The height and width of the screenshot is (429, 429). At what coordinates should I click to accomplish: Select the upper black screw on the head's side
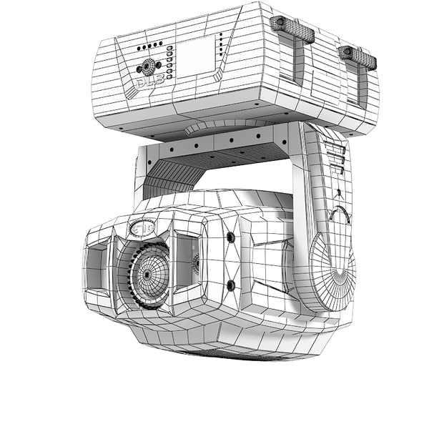coord(230,237)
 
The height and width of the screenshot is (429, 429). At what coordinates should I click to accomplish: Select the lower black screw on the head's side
coord(230,285)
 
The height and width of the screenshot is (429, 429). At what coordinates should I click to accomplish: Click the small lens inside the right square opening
coord(194,264)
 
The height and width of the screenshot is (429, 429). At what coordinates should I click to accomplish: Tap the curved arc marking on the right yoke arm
coord(342,214)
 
